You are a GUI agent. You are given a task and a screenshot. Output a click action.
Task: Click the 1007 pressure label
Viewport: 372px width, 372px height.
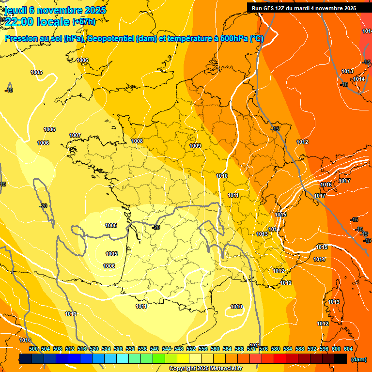pyautogui.click(x=75, y=135)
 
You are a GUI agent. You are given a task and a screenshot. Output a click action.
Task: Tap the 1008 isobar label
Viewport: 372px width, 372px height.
pyautogui.click(x=137, y=141)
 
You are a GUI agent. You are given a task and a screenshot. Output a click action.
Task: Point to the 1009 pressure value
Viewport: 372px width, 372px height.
pyautogui.click(x=195, y=146)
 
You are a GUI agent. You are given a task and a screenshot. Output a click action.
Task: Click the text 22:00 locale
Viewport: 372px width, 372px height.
pyautogui.click(x=37, y=21)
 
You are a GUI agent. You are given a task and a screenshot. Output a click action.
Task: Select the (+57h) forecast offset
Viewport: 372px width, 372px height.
pyautogui.click(x=84, y=22)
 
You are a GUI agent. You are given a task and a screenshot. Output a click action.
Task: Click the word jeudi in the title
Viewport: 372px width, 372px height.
pyautogui.click(x=14, y=10)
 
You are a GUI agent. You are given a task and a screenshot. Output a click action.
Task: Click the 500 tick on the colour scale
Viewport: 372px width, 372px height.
pyautogui.click(x=33, y=349)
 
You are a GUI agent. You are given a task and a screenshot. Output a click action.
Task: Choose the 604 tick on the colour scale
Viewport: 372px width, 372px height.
pyautogui.click(x=348, y=349)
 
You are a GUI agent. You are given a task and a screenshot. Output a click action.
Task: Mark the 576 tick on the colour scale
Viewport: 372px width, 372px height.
pyautogui.click(x=264, y=349)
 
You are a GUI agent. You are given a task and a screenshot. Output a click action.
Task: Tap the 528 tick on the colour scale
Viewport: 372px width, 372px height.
pyautogui.click(x=118, y=349)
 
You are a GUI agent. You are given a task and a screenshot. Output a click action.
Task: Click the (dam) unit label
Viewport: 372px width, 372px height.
pyautogui.click(x=358, y=359)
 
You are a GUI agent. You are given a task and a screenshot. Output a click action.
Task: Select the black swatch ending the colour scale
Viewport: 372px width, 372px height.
pyautogui.click(x=341, y=358)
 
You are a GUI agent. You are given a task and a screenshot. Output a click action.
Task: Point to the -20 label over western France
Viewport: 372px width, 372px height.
pyautogui.click(x=156, y=227)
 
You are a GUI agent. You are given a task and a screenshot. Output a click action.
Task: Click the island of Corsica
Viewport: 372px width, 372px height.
pyautogui.click(x=334, y=303)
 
